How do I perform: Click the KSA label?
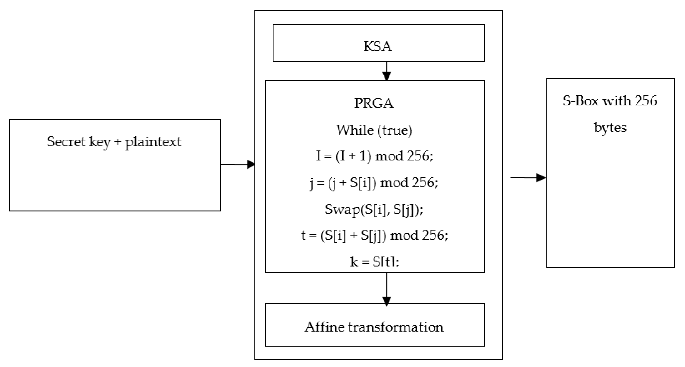point(378,47)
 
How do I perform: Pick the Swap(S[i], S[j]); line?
point(374,210)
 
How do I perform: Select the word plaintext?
point(153,142)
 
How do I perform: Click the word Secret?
point(66,142)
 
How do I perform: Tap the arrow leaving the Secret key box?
point(238,164)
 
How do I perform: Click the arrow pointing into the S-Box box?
point(528,177)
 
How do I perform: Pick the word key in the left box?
point(99,142)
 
